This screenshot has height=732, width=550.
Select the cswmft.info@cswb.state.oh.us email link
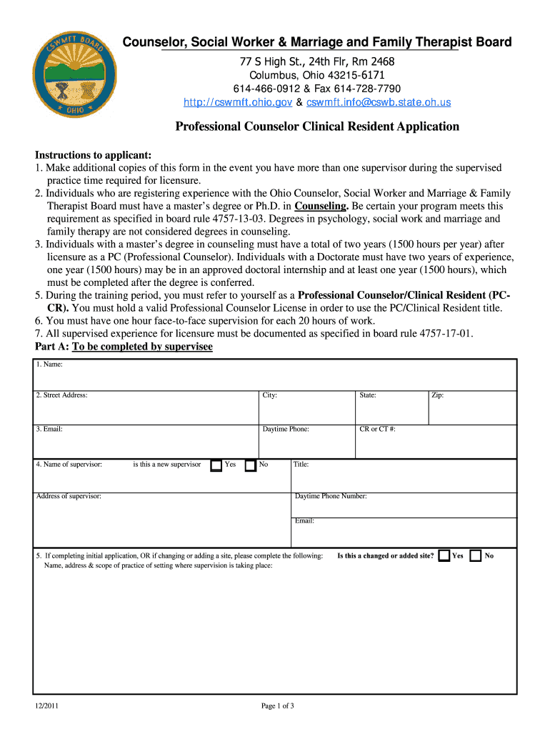click(x=379, y=102)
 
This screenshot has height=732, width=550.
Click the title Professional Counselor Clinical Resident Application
click(x=317, y=127)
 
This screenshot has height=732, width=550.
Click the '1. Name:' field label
click(x=49, y=365)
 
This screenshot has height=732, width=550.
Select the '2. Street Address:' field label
click(x=61, y=395)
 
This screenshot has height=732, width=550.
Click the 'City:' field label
click(x=270, y=395)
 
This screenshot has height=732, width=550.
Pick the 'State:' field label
click(x=368, y=395)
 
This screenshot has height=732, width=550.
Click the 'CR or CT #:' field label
click(x=378, y=430)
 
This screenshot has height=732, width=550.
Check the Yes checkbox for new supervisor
click(x=216, y=465)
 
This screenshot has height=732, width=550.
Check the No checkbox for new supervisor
click(x=250, y=465)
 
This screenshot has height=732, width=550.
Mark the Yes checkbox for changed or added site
click(x=444, y=555)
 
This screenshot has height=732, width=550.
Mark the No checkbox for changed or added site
click(x=476, y=555)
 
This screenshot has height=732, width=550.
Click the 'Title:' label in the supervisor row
click(x=301, y=465)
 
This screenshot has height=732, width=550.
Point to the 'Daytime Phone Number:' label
click(x=331, y=496)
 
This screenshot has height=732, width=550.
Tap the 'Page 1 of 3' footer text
click(x=278, y=706)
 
